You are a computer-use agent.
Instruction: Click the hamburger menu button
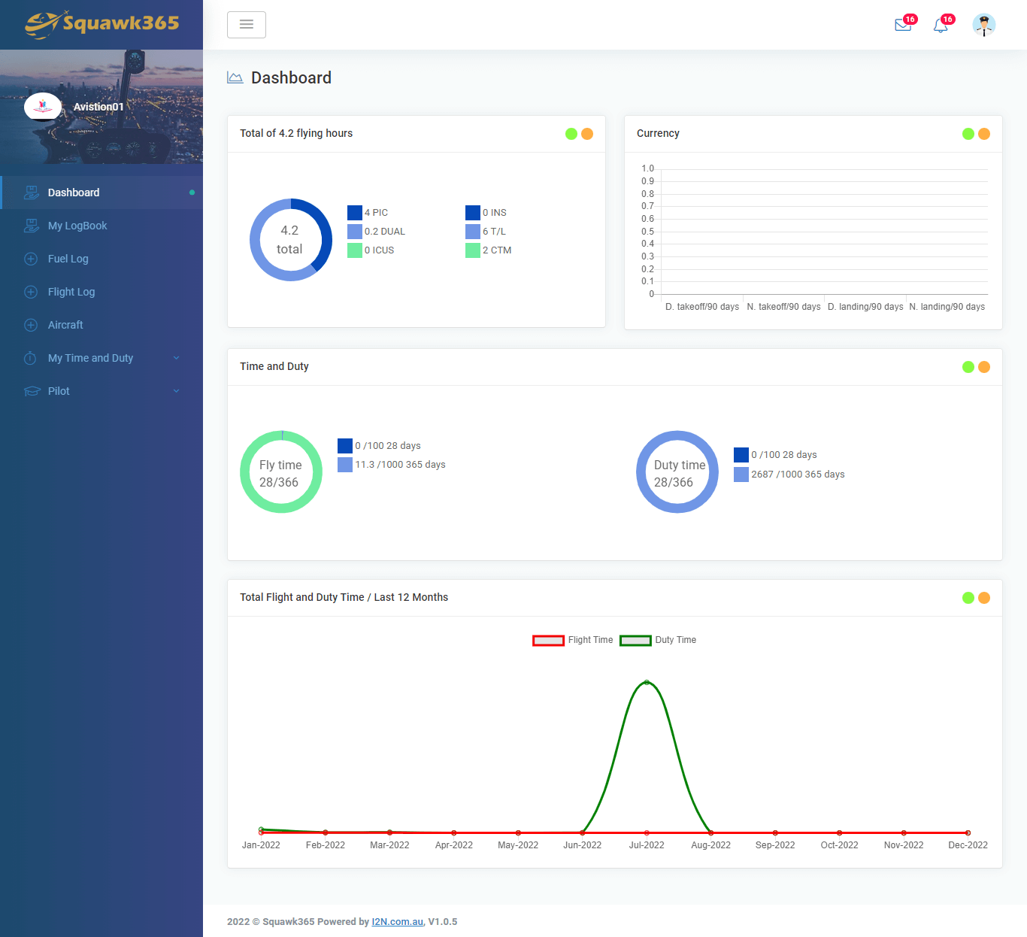(x=247, y=25)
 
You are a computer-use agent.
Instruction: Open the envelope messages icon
(x=903, y=26)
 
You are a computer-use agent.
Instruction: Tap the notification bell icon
(x=941, y=26)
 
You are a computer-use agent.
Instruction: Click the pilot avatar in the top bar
(x=983, y=25)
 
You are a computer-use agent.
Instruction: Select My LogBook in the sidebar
(x=77, y=226)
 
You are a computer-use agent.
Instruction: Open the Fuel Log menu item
(x=68, y=259)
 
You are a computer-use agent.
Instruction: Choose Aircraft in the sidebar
(x=65, y=325)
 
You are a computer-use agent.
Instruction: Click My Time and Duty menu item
(x=90, y=358)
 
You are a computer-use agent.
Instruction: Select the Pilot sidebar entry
(x=59, y=391)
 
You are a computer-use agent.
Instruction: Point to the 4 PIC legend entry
(x=368, y=213)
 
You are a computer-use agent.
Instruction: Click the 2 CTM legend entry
(x=489, y=250)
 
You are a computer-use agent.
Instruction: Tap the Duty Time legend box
(x=635, y=641)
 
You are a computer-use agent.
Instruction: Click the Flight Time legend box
(x=548, y=641)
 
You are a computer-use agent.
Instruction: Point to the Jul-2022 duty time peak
(x=647, y=682)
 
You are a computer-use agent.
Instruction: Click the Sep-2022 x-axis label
(x=775, y=845)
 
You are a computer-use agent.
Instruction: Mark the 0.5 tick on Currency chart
(x=647, y=232)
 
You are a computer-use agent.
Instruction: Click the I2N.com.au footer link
(x=398, y=922)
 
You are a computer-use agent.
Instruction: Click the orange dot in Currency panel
(x=984, y=134)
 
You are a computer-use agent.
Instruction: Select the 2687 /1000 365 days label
(x=798, y=475)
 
